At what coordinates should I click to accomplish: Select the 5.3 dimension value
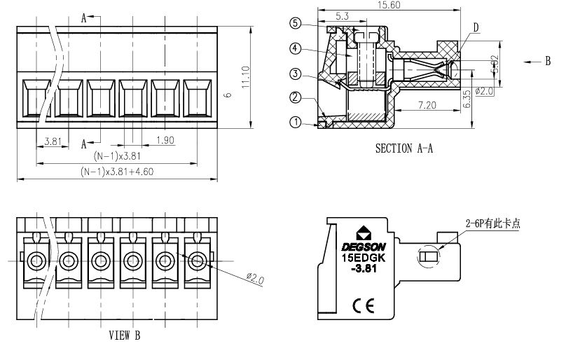[343, 15]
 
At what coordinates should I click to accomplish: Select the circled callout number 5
[296, 22]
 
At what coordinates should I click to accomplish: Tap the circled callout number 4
[296, 48]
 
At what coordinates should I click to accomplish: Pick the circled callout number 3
[296, 74]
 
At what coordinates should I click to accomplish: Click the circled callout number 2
[296, 97]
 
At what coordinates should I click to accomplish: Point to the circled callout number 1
[296, 122]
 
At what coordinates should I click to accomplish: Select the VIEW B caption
[125, 336]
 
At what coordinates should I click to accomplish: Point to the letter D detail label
[476, 27]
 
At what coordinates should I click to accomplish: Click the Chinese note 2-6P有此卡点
[493, 224]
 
